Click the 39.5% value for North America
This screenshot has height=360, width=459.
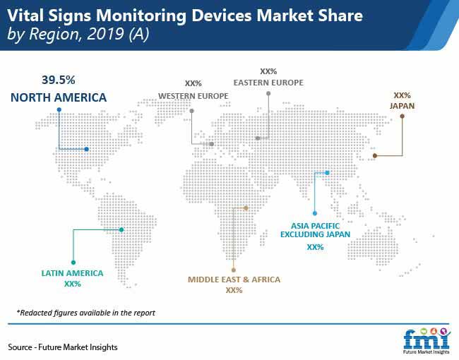click(58, 80)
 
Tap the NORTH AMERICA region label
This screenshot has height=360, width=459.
click(59, 97)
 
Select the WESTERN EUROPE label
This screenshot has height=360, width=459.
click(193, 96)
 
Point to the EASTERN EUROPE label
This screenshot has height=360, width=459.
click(268, 83)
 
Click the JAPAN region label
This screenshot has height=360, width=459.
click(403, 106)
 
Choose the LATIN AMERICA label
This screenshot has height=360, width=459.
click(72, 273)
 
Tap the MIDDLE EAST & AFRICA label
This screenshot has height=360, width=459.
click(234, 280)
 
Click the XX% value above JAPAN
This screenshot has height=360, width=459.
click(403, 95)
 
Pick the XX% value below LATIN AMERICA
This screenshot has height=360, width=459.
click(73, 284)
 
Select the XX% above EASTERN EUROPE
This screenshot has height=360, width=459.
click(268, 71)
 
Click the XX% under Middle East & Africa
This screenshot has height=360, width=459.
click(234, 290)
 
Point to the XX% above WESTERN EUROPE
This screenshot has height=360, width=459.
click(193, 83)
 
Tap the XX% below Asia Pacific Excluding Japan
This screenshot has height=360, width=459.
click(315, 247)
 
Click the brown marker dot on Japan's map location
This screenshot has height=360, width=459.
click(375, 156)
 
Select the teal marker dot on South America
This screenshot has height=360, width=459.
click(121, 229)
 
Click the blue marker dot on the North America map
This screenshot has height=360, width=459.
click(87, 149)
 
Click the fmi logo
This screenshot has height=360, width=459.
click(427, 341)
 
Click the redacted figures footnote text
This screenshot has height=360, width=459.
click(85, 313)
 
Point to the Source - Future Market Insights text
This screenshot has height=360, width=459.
click(63, 347)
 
